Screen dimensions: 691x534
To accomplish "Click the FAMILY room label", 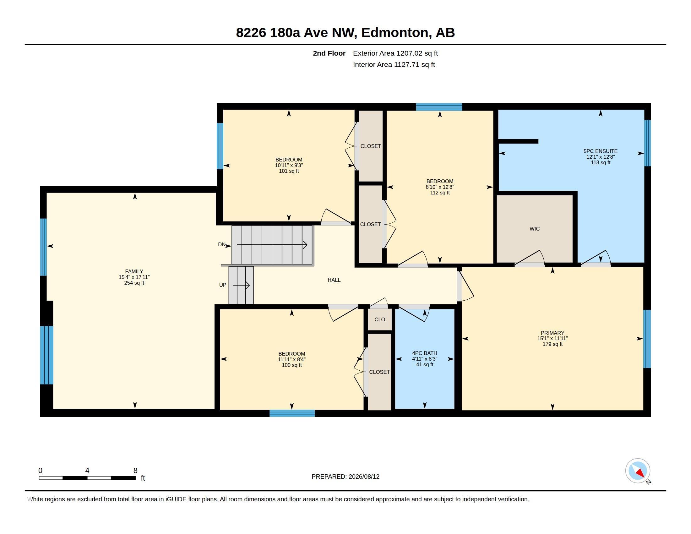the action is (x=134, y=271).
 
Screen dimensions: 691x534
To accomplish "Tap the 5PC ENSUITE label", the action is (x=601, y=151).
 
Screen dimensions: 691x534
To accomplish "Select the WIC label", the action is (x=535, y=229).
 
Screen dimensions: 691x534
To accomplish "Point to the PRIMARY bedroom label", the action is (x=552, y=333).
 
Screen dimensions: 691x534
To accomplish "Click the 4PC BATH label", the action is (x=425, y=353).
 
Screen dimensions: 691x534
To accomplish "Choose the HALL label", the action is (x=334, y=280).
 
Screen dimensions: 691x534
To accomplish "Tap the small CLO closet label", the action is (x=380, y=319).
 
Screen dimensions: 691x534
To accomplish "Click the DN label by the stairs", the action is (x=222, y=244).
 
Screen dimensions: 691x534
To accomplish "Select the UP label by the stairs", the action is (x=223, y=285).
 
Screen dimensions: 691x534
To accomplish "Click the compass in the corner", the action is (x=638, y=471).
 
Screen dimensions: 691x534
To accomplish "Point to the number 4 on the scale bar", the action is (x=87, y=471).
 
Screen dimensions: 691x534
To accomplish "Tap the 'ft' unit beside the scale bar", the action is (x=143, y=478).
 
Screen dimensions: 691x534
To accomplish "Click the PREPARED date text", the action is (x=345, y=477).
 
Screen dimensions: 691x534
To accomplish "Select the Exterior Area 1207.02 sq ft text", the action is (x=395, y=53).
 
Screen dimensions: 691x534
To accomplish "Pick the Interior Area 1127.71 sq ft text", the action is (x=394, y=64).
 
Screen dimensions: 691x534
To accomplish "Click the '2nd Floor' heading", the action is (x=329, y=53).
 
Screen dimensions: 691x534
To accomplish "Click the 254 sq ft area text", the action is (x=134, y=283).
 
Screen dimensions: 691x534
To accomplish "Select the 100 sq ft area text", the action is (x=292, y=365).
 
